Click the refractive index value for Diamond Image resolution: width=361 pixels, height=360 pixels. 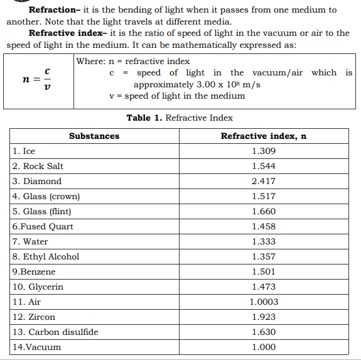tap(263, 181)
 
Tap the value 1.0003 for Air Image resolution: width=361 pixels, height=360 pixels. tap(263, 302)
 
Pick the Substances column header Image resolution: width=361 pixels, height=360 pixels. tap(94, 136)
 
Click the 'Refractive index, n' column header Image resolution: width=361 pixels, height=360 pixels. tap(263, 136)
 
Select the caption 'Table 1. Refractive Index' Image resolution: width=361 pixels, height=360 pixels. tap(180, 117)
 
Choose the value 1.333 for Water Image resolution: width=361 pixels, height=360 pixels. tap(263, 241)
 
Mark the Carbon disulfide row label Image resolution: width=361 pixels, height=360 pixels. tap(55, 332)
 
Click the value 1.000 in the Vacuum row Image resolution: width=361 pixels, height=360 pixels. tap(263, 347)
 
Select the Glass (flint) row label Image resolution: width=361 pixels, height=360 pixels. tap(42, 211)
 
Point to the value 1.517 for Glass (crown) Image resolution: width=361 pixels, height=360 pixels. tap(263, 196)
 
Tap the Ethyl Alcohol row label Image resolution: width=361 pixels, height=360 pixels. tap(46, 256)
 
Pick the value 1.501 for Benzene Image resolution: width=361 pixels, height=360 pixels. tap(263, 271)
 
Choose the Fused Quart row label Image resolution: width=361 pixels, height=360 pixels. tap(43, 226)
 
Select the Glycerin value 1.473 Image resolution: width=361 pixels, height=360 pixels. tap(263, 286)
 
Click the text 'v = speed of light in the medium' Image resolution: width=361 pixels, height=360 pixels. tap(177, 95)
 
